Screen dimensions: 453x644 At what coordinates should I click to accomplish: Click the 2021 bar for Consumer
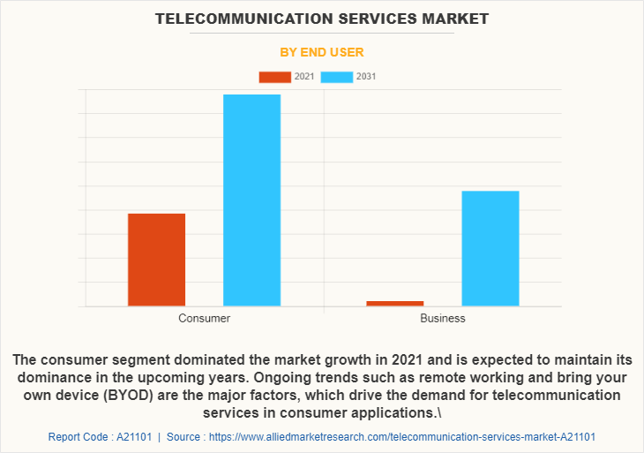(x=156, y=260)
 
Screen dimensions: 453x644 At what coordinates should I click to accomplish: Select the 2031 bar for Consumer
(x=251, y=200)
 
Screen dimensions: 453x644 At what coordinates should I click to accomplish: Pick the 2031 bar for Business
(x=490, y=248)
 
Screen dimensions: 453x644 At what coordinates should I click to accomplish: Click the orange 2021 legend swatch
(x=274, y=77)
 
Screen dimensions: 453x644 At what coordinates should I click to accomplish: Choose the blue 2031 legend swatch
(x=336, y=77)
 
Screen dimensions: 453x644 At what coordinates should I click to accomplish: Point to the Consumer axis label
(x=204, y=318)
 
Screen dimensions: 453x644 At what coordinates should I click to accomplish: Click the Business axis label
(x=442, y=318)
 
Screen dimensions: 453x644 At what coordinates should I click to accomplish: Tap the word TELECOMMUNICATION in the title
(x=237, y=18)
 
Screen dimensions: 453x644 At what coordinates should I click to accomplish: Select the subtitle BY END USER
(x=321, y=52)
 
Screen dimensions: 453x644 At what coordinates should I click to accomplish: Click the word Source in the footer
(x=183, y=436)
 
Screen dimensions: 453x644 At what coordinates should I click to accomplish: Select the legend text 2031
(x=366, y=77)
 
